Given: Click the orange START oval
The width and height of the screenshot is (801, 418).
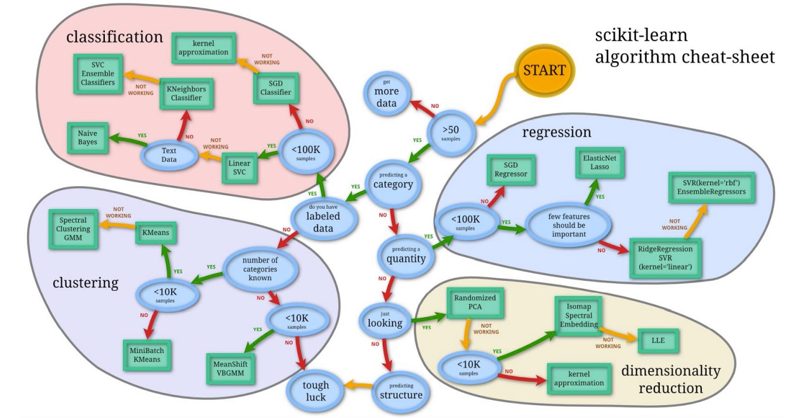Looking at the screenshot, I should pyautogui.click(x=544, y=71).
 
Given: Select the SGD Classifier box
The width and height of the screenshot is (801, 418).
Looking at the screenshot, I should pyautogui.click(x=275, y=89).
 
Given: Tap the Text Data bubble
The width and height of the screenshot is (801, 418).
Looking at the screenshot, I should pyautogui.click(x=169, y=155).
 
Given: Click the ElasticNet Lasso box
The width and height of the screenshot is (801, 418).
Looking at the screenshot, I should pyautogui.click(x=595, y=162).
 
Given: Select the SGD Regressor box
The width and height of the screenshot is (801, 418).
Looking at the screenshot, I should pyautogui.click(x=511, y=169).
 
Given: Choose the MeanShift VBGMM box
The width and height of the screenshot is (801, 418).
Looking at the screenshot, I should pyautogui.click(x=230, y=368).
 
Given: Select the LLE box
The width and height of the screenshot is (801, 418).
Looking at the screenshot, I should pyautogui.click(x=659, y=340).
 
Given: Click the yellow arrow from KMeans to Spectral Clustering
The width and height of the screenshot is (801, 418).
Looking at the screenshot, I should pyautogui.click(x=117, y=230).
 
